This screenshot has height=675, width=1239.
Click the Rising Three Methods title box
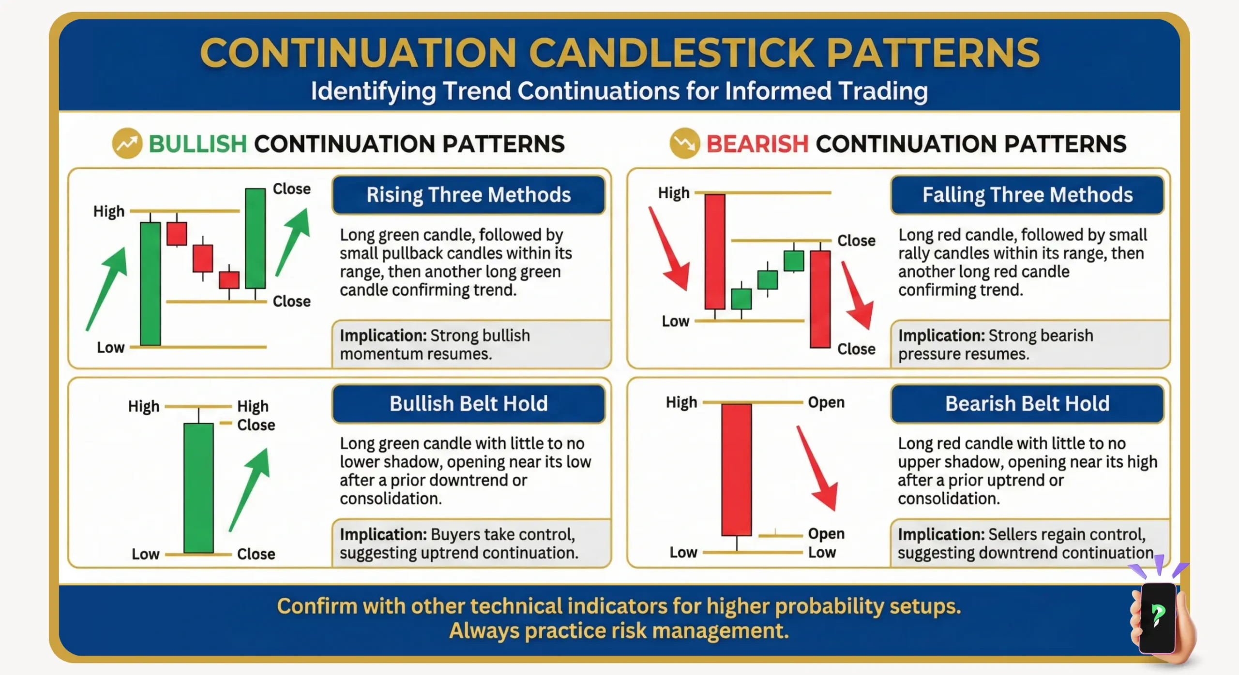[468, 195]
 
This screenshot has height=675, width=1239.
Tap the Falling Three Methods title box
[1027, 195]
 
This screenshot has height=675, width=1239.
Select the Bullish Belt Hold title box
[468, 404]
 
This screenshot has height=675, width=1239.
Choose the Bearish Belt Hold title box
[1027, 404]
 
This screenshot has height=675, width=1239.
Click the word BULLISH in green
[197, 144]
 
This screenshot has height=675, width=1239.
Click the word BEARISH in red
[757, 144]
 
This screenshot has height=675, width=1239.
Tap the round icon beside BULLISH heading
[127, 144]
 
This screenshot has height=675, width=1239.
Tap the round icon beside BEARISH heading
[684, 144]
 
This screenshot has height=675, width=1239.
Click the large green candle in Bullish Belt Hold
[198, 487]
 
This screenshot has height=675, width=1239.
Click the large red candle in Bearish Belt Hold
[736, 469]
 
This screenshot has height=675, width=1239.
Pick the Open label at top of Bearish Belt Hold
[826, 402]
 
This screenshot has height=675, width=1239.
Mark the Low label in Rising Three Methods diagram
[110, 348]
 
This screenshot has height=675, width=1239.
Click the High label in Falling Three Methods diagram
[673, 193]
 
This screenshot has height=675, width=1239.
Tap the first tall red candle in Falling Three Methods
[714, 251]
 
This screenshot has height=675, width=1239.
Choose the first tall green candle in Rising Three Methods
[150, 283]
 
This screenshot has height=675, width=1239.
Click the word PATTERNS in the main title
[932, 53]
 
